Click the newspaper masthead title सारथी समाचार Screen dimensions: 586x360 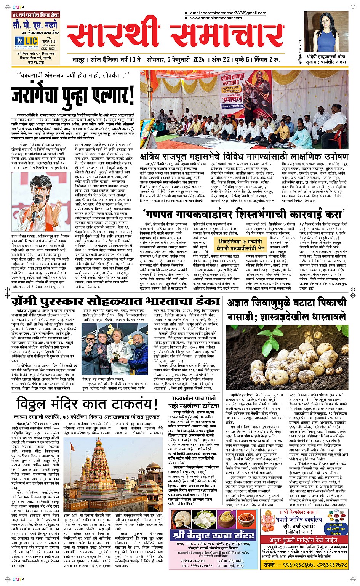pyautogui.click(x=175, y=36)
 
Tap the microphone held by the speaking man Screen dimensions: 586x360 pyautogui.click(x=34, y=214)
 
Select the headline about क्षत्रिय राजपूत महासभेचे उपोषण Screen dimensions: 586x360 pyautogui.click(x=244, y=156)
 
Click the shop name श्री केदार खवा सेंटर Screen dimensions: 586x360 pyautogui.click(x=213, y=535)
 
